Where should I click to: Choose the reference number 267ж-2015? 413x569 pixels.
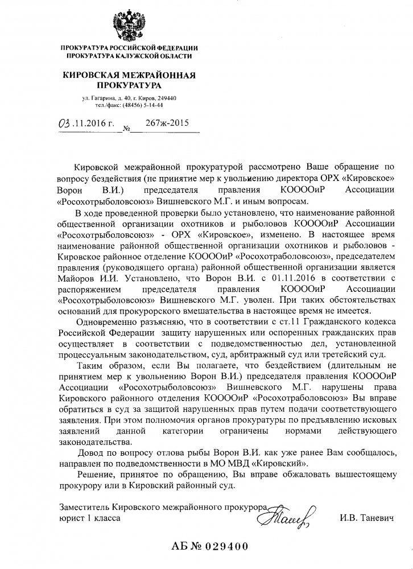click(x=167, y=122)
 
